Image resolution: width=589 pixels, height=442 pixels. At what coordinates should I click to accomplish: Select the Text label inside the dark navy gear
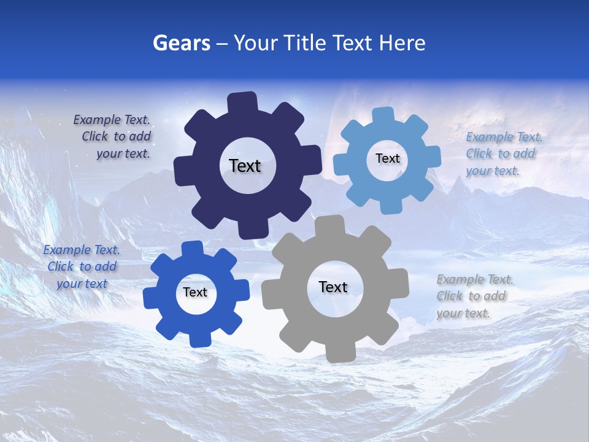(x=245, y=166)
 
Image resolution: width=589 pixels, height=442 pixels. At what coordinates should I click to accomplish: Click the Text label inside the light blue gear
(x=387, y=158)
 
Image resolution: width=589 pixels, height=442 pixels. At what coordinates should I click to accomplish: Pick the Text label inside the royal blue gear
(x=195, y=293)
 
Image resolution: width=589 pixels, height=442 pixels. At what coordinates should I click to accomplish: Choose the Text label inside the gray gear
(x=333, y=287)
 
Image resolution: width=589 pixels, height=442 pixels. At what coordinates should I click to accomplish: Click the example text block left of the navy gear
(x=114, y=137)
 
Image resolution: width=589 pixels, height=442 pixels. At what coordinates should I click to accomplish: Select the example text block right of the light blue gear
(x=503, y=154)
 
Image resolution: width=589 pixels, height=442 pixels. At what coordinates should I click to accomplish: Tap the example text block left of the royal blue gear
(x=82, y=267)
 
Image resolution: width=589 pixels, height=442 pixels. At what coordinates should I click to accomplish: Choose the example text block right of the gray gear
(x=474, y=297)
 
